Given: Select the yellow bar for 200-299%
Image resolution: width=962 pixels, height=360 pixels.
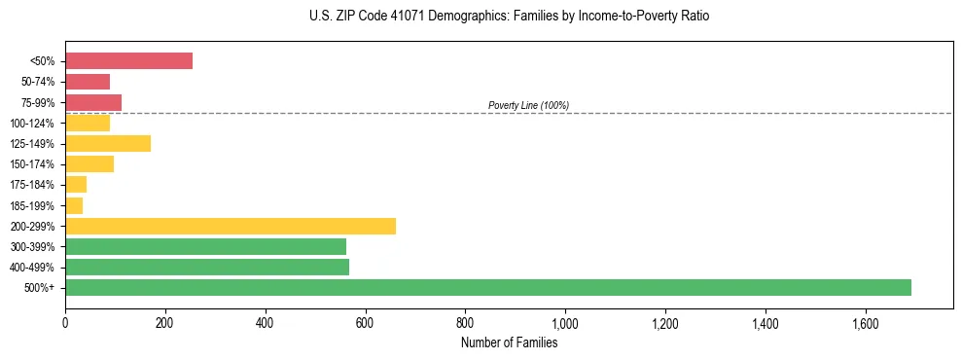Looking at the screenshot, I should tap(231, 226).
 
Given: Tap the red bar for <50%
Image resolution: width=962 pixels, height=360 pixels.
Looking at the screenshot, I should tap(128, 61).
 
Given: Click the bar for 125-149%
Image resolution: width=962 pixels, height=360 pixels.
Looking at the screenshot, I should tap(108, 144).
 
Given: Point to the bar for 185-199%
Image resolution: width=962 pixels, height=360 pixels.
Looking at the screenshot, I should tap(74, 205).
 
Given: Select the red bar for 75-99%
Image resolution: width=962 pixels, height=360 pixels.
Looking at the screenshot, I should tap(93, 102).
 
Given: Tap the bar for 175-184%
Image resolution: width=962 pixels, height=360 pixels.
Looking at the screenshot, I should tap(76, 185).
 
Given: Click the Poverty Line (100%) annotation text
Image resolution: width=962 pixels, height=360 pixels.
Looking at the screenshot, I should tap(528, 105).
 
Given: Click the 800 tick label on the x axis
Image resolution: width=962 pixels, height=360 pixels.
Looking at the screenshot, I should tap(465, 322).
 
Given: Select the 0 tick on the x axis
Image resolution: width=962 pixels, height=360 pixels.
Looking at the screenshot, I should tap(65, 322).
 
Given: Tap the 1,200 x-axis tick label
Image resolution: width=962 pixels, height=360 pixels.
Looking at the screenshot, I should tap(665, 322).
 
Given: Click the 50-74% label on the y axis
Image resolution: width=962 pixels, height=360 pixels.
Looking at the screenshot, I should tap(37, 82).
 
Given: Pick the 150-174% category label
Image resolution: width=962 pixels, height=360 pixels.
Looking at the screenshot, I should tap(33, 164).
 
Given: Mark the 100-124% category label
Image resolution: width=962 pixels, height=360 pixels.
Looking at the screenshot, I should tap(33, 124).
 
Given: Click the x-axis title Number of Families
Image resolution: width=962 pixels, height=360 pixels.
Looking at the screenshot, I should tap(509, 342).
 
